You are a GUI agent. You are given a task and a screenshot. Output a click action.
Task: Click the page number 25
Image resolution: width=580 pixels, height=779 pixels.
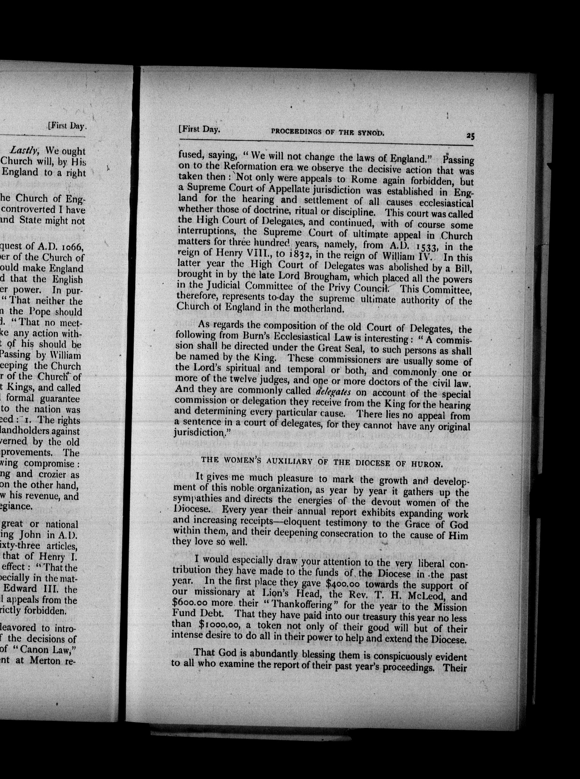[x=470, y=136]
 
